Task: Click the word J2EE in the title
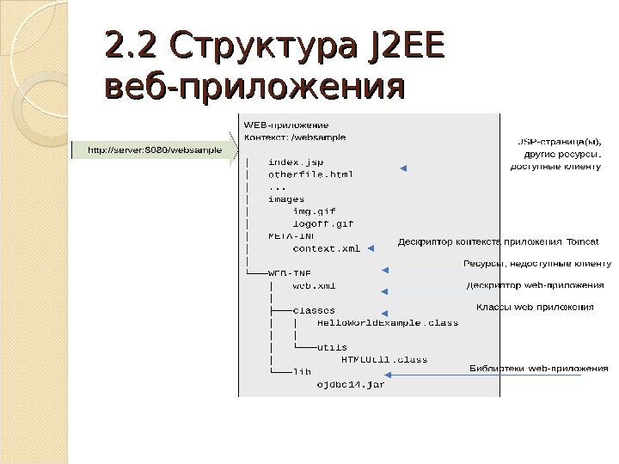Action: [x=404, y=46]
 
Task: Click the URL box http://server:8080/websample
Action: [x=150, y=150]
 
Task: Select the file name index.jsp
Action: [x=296, y=161]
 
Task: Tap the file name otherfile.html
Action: [x=310, y=174]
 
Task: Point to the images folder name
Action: [x=286, y=198]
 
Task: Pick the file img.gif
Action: [x=314, y=211]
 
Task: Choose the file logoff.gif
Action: [x=322, y=223]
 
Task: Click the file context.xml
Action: [x=327, y=249]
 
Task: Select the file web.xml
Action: [x=314, y=285]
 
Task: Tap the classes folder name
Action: [x=314, y=310]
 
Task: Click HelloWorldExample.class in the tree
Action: [x=388, y=323]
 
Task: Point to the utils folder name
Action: [x=333, y=347]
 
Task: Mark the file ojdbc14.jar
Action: [x=351, y=385]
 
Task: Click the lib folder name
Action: [x=302, y=372]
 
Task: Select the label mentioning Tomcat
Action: [x=498, y=241]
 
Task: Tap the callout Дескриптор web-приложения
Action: [x=534, y=285]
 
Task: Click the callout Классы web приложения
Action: [x=534, y=306]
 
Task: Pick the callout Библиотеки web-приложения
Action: [x=539, y=369]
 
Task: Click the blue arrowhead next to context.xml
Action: [x=371, y=249]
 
